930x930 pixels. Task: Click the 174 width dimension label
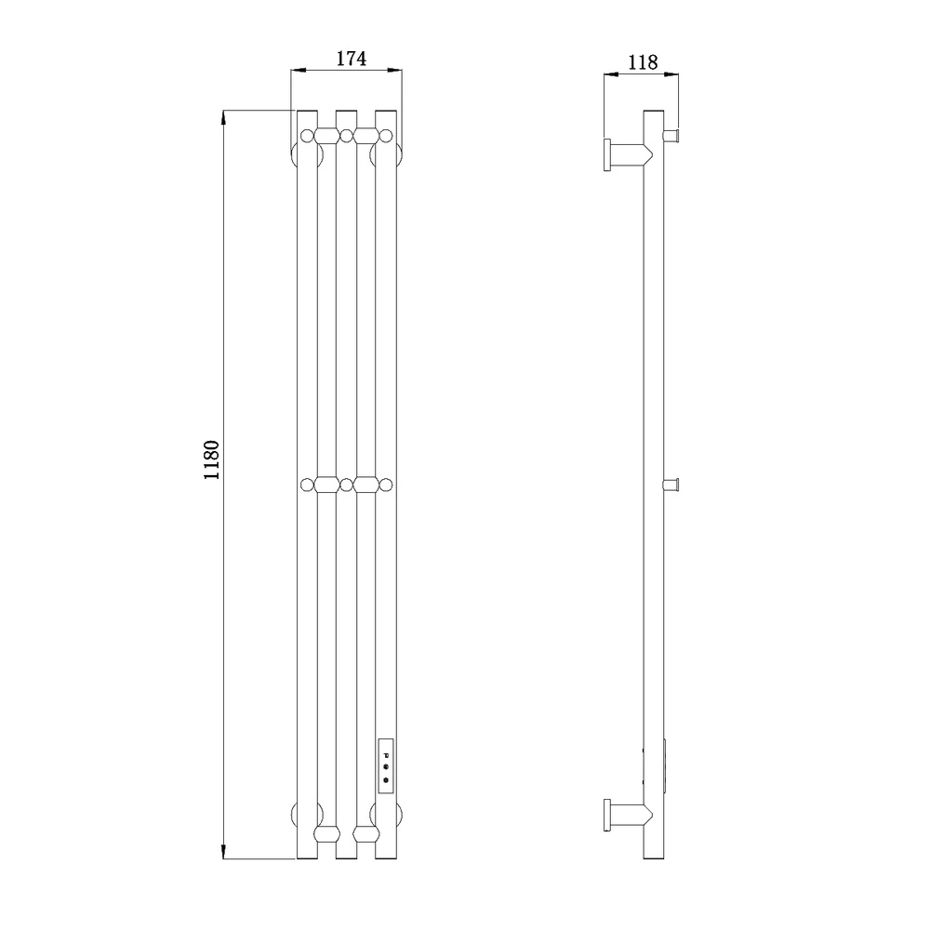352,59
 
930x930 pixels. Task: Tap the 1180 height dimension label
212,460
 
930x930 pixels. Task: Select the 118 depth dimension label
643,62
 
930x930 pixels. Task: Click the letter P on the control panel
386,755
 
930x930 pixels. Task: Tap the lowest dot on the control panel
386,780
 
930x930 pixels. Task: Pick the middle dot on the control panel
386,767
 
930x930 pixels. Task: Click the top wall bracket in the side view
628,154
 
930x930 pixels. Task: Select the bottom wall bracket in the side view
628,815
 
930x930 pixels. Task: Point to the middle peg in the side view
671,485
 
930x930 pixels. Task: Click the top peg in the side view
671,137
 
